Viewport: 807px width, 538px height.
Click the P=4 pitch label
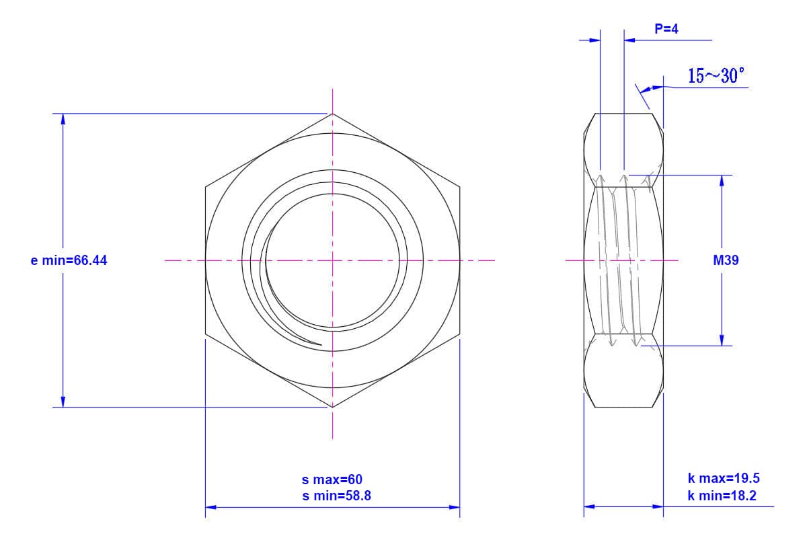point(666,29)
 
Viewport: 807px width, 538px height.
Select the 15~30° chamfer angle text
point(716,76)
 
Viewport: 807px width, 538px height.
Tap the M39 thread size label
point(726,260)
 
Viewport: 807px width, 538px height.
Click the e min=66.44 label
point(69,260)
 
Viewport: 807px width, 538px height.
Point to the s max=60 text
point(332,479)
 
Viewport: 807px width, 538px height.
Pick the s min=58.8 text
point(336,496)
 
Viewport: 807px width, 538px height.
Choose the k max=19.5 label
point(724,478)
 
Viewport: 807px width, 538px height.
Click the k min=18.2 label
point(722,496)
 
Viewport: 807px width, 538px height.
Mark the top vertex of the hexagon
point(332,114)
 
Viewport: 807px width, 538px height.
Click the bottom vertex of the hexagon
point(332,407)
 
